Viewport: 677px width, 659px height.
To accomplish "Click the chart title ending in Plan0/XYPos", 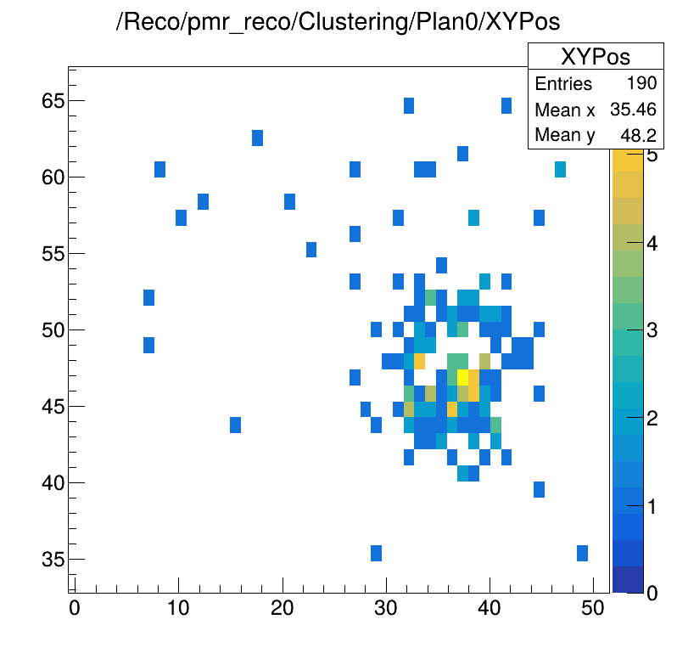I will (338, 23).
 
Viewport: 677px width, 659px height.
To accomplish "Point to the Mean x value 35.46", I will (636, 110).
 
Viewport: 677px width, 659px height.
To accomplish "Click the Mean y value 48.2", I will (642, 135).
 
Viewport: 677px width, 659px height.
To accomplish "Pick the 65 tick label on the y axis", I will (52, 101).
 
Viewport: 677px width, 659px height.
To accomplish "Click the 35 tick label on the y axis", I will (52, 560).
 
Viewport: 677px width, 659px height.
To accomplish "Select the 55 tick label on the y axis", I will (52, 254).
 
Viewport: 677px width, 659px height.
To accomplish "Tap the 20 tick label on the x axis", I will (283, 609).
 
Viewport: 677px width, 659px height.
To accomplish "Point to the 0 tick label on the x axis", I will (75, 609).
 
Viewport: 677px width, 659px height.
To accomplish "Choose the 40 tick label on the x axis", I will (490, 609).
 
